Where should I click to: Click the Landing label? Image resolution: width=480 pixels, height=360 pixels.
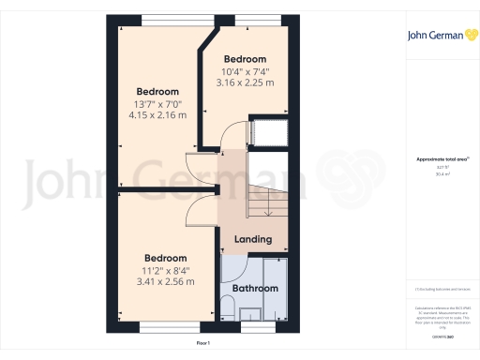pyautogui.click(x=252, y=239)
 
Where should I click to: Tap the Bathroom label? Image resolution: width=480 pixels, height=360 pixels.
pyautogui.click(x=255, y=289)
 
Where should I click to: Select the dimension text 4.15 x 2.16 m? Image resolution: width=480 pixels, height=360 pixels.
pyautogui.click(x=157, y=115)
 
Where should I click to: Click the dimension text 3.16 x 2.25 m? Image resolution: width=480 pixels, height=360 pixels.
pyautogui.click(x=245, y=82)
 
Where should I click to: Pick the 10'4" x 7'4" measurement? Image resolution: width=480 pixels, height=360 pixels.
pyautogui.click(x=245, y=71)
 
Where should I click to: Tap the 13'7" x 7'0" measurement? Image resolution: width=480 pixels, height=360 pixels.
pyautogui.click(x=157, y=104)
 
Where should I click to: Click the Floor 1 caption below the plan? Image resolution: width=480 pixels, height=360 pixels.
pyautogui.click(x=204, y=344)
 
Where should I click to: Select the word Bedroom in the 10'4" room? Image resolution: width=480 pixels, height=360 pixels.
pyautogui.click(x=245, y=59)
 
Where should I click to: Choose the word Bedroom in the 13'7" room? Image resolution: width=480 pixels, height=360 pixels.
pyautogui.click(x=157, y=92)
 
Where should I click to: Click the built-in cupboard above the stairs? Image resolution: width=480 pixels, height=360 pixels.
pyautogui.click(x=265, y=133)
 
